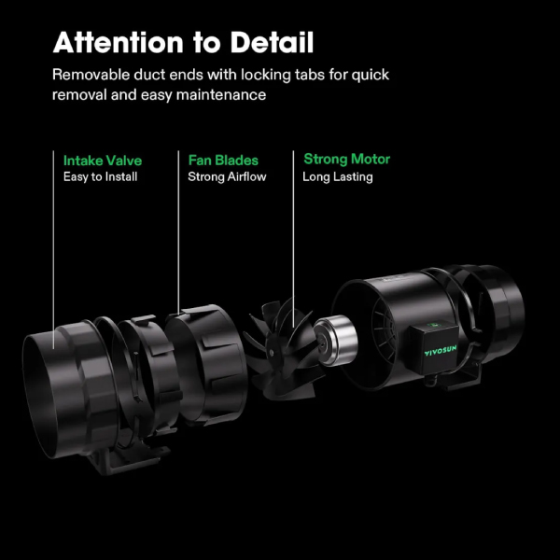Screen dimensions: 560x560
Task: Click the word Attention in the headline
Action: coord(119,43)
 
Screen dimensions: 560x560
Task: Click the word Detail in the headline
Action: coord(272,43)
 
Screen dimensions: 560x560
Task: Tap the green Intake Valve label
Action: coord(103,161)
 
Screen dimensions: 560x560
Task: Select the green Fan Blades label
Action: coord(223,161)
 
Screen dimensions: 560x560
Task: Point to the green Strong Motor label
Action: coord(347,160)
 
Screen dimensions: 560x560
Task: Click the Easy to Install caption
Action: coord(101,176)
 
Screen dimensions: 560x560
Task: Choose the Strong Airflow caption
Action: coord(227,176)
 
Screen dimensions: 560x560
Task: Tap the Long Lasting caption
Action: coord(338,177)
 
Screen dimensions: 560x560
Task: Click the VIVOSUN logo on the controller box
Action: coord(441,351)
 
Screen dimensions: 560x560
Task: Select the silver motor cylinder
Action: coord(336,341)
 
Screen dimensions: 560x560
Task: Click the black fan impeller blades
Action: coord(282,351)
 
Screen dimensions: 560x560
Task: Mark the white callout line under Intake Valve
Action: coord(53,249)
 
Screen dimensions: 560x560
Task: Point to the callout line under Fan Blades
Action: coord(178,232)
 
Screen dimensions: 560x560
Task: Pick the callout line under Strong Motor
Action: coord(294,239)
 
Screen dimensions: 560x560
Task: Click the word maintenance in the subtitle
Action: coord(221,95)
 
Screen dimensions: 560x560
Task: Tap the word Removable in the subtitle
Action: coord(91,75)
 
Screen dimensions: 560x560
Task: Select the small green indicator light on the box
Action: coord(433,326)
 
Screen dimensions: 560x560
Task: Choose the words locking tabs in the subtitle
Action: coord(283,76)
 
